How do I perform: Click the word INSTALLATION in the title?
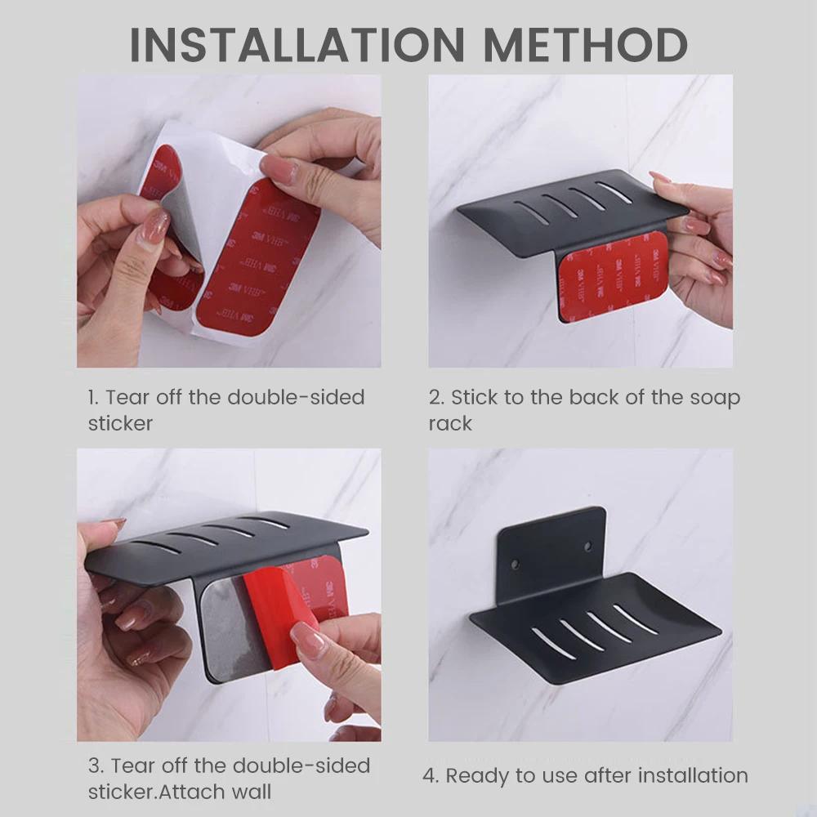coord(297,45)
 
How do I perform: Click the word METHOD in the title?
coord(586,45)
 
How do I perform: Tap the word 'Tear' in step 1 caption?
coord(127,398)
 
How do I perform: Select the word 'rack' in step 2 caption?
coord(450,423)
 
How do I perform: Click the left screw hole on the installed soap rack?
coord(515,565)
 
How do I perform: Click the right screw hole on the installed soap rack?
coord(587,547)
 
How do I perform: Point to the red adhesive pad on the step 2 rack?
coord(612,275)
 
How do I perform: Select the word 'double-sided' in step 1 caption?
coord(296,398)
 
